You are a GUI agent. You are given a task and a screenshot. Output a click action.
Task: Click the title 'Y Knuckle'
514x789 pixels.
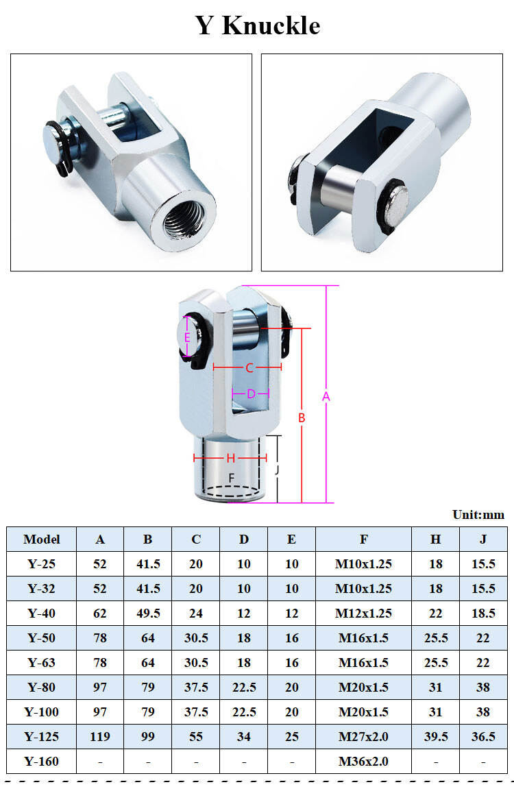258,25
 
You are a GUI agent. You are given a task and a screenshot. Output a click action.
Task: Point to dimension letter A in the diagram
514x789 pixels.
326,396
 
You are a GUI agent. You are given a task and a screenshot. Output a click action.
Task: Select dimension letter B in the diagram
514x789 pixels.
301,417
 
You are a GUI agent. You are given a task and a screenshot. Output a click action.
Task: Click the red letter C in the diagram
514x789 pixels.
249,368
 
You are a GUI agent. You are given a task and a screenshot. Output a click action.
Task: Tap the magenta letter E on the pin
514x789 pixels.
187,337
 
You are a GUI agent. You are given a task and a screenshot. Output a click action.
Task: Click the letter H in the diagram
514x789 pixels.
230,457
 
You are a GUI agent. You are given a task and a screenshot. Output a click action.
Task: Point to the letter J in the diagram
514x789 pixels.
276,470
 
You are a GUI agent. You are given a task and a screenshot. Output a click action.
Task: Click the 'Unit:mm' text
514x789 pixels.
478,515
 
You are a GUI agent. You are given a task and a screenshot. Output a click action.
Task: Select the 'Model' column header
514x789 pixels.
41,539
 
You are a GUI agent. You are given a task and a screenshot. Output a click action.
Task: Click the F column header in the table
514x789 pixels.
363,539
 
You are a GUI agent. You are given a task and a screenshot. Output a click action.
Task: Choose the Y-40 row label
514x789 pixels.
41,613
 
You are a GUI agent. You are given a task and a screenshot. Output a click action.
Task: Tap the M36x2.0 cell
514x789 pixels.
363,761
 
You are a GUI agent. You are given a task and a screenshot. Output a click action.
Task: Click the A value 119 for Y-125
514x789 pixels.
100,736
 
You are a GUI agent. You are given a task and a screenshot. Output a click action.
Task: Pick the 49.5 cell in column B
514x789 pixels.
148,613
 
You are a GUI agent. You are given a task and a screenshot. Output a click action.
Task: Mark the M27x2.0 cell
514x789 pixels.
363,736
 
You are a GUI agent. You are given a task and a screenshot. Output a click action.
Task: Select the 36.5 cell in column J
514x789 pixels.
483,736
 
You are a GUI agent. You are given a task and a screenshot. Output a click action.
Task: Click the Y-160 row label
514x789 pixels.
41,761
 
